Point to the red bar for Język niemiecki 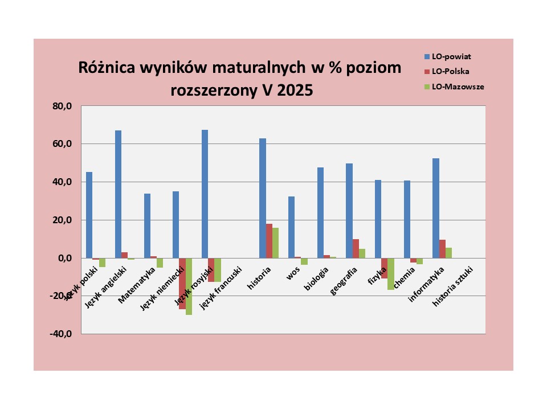pos(182,284)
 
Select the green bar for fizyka pos(391,274)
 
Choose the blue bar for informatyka pos(435,208)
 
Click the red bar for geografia pos(356,248)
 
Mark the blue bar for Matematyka pos(147,225)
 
